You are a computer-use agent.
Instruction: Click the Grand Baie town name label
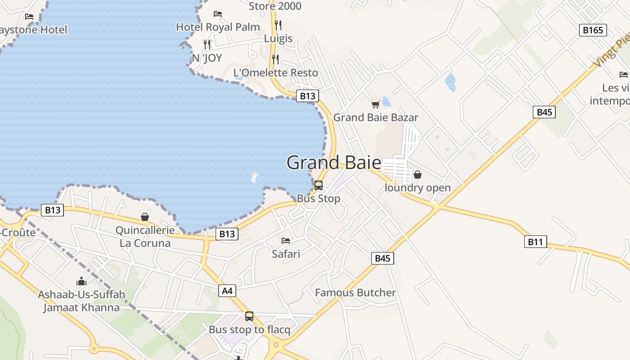(x=333, y=162)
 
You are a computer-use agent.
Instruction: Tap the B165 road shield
(x=593, y=30)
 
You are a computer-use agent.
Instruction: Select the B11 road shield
(x=535, y=242)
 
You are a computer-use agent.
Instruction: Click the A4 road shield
(x=228, y=291)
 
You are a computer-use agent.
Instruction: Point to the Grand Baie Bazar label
(x=376, y=118)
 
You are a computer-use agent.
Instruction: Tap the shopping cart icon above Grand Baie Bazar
(x=375, y=104)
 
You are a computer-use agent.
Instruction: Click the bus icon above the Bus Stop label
(x=318, y=185)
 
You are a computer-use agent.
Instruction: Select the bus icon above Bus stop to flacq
(x=249, y=316)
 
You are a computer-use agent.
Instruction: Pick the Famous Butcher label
(x=355, y=293)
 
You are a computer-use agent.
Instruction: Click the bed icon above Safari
(x=286, y=241)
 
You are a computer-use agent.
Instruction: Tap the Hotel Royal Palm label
(x=218, y=27)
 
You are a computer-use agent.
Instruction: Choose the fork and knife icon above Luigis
(x=278, y=25)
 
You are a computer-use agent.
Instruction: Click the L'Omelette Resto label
(x=275, y=73)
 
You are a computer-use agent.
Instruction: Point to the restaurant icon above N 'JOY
(x=207, y=44)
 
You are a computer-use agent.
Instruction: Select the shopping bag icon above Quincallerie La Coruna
(x=145, y=217)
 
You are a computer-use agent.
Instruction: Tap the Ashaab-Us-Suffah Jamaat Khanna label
(x=81, y=301)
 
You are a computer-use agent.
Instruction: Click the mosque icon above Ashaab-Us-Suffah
(x=81, y=281)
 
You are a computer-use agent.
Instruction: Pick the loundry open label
(x=418, y=188)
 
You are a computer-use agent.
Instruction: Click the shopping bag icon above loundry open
(x=418, y=175)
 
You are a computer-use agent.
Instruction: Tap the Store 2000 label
(x=275, y=6)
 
